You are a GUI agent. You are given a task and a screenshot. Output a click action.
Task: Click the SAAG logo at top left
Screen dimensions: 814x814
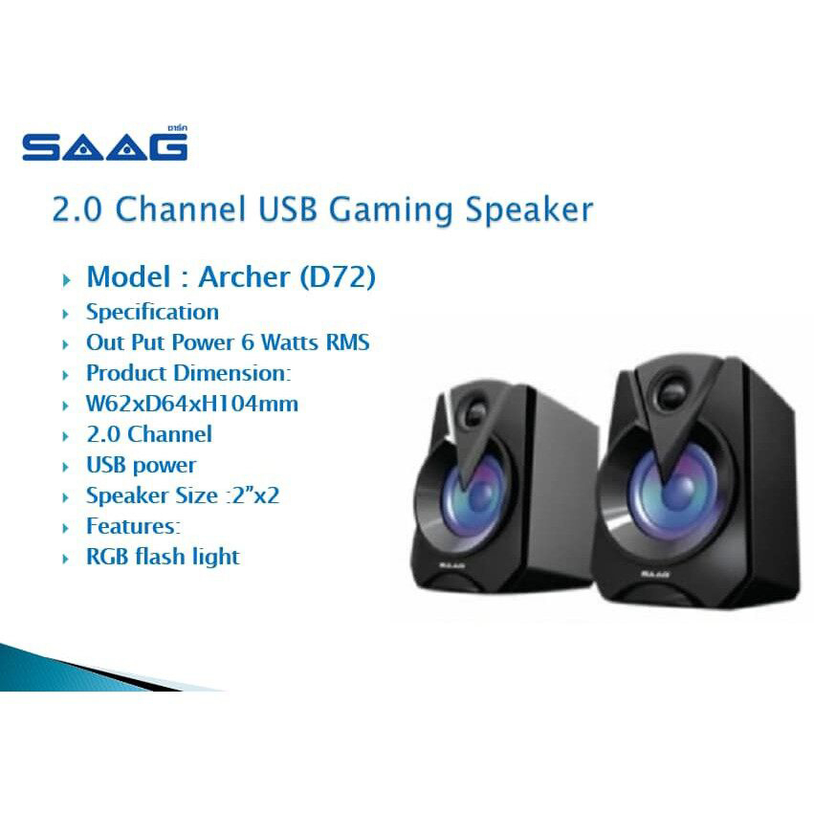tap(105, 144)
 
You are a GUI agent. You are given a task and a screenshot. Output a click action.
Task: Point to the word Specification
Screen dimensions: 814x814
tap(152, 312)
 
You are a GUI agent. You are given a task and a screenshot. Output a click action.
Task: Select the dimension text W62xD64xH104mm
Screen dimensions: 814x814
tap(191, 404)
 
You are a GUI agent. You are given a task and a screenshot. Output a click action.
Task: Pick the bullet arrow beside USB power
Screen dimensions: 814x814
tap(65, 467)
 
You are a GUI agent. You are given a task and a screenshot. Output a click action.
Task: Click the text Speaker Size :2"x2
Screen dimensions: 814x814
tap(182, 495)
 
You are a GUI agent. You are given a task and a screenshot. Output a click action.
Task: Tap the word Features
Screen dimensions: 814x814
tap(131, 526)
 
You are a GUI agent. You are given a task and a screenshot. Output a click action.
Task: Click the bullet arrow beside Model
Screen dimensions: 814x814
tap(65, 279)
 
